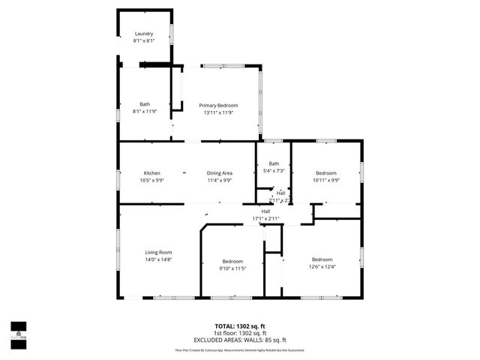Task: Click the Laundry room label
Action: tap(144, 34)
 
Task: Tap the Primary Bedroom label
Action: tap(217, 106)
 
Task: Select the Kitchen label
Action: tap(152, 173)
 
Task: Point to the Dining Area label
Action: tap(220, 173)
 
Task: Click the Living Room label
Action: tap(158, 252)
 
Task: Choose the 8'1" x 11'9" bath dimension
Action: tap(144, 112)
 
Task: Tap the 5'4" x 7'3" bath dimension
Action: tap(274, 170)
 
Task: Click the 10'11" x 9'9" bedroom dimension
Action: tap(326, 180)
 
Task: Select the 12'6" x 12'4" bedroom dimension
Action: tap(322, 266)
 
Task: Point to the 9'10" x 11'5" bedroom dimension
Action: tap(232, 268)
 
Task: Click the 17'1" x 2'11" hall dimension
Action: tap(265, 218)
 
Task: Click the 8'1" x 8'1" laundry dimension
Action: tap(144, 40)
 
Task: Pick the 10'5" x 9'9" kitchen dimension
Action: tap(152, 180)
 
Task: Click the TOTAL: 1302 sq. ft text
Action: tap(240, 326)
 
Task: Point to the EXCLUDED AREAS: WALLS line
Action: tap(240, 340)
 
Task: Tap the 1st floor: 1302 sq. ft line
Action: tap(240, 333)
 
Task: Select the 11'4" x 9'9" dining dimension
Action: tap(220, 180)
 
